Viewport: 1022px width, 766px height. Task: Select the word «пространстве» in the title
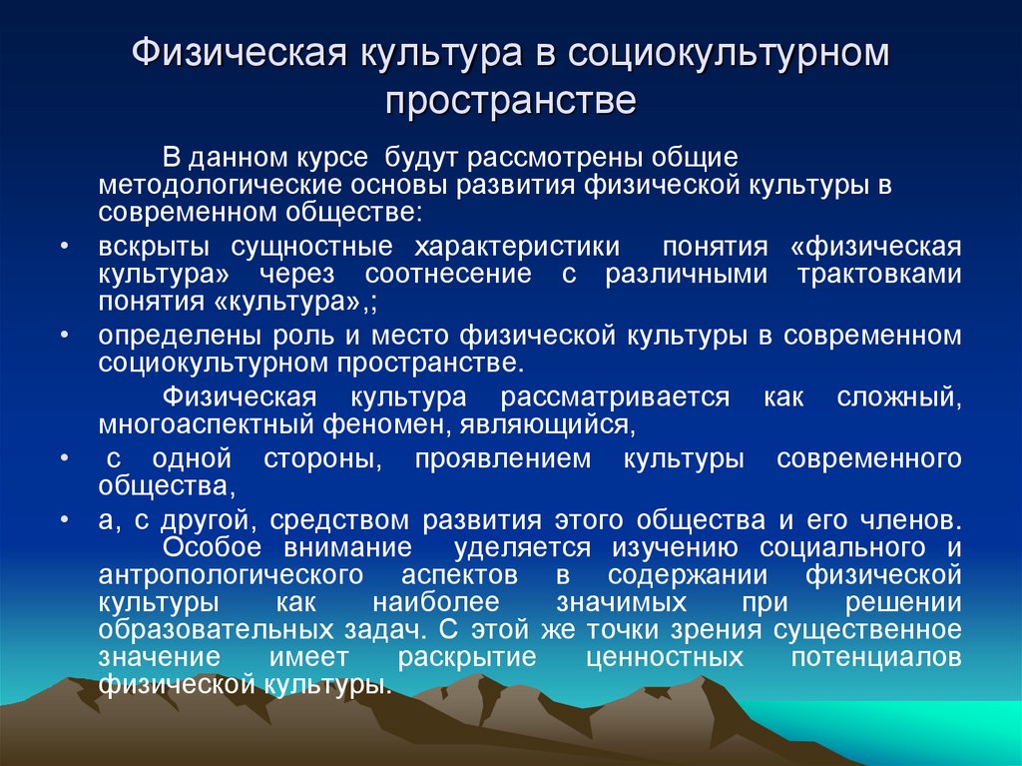(510, 102)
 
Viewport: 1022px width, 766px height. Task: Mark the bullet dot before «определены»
(63, 335)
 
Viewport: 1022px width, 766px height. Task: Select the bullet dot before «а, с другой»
(63, 520)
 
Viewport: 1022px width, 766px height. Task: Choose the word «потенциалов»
(876, 659)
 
